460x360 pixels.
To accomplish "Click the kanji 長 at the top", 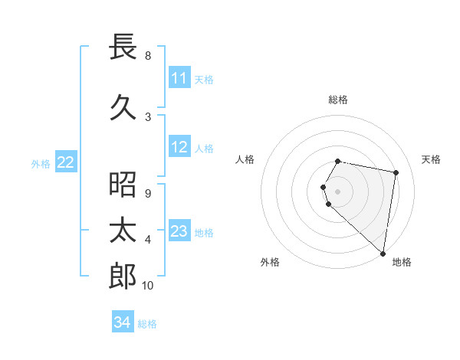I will coord(123,47).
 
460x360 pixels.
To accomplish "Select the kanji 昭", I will coord(123,185).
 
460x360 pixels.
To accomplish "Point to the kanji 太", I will coord(123,231).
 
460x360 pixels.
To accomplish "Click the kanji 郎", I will coord(123,277).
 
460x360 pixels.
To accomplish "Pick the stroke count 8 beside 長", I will coord(147,56).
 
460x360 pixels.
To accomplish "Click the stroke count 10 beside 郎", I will coord(147,286).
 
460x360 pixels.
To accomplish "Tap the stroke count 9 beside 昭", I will coord(147,194).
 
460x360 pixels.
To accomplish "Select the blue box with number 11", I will coord(179,78).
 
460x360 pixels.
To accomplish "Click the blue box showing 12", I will coord(179,147).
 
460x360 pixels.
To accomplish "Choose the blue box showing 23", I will coord(179,231).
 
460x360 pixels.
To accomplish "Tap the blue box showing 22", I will coord(66,162).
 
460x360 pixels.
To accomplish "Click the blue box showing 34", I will coord(123,323).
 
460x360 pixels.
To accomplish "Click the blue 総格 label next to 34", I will coord(147,324).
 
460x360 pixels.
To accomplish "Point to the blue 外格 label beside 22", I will coord(41,163).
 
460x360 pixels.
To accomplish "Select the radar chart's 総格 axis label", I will coord(338,100).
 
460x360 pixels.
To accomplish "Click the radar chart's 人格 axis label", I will coord(245,159).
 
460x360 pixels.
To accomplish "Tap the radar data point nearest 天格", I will coord(396,172).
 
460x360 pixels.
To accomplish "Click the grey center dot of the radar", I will coord(338,191).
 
